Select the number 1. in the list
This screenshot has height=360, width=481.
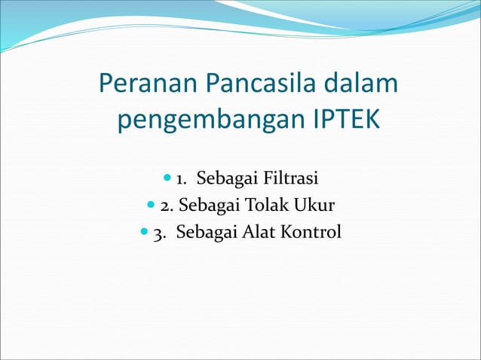(182, 179)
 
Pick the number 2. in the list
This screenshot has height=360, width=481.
(167, 206)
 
